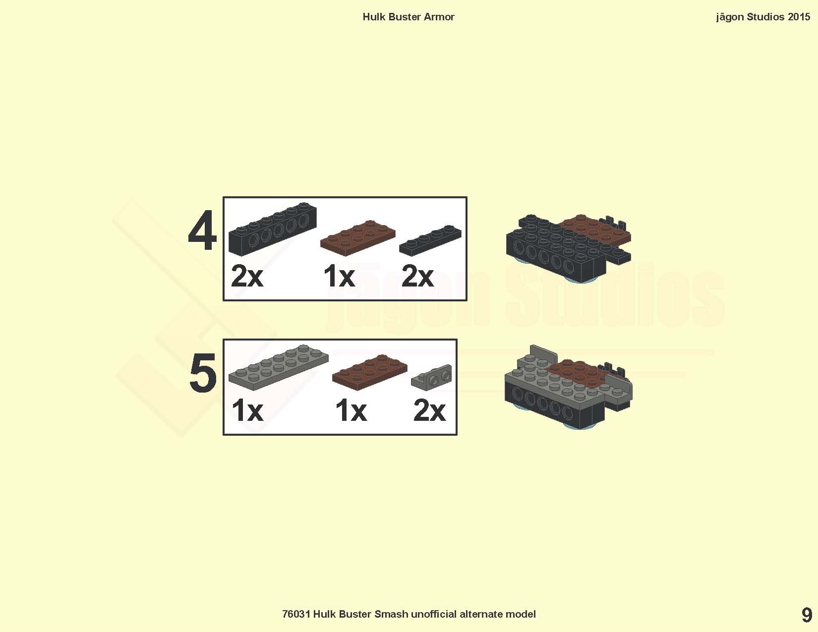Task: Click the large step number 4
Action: [203, 230]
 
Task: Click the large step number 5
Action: [203, 373]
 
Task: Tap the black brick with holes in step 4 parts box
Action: [273, 229]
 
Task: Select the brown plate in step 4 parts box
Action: [357, 238]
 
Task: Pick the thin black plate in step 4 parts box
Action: [430, 240]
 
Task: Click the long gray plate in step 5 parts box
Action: [278, 367]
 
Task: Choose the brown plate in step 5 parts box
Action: [370, 372]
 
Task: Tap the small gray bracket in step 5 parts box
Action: [431, 376]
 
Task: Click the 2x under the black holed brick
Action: [247, 276]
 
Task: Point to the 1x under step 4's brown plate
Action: [339, 276]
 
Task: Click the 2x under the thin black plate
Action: [417, 276]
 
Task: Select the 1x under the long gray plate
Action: [247, 410]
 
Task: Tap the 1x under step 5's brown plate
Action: [351, 410]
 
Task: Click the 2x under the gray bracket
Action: [429, 410]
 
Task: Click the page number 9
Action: [807, 616]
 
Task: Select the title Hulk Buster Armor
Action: [409, 17]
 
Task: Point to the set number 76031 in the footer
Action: [296, 614]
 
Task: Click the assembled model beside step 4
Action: [569, 248]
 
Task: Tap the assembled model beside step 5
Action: [569, 388]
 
